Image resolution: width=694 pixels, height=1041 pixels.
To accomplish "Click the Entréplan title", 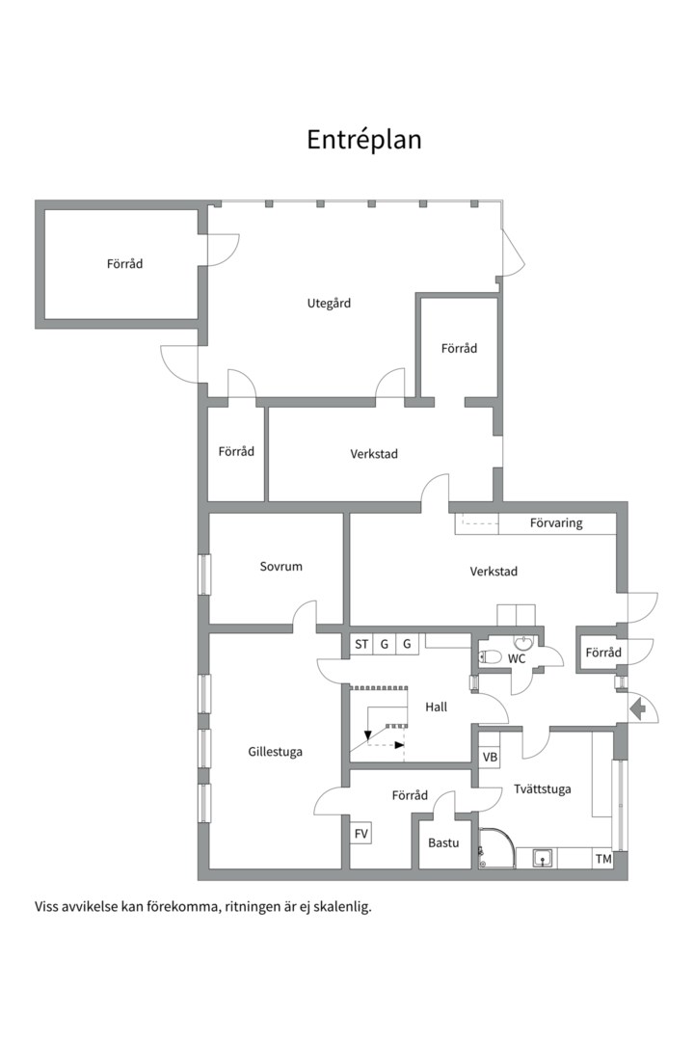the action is [x=364, y=140].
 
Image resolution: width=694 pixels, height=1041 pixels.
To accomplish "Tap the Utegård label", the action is [x=329, y=304].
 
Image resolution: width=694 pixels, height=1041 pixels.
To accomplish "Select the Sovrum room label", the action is [x=280, y=567].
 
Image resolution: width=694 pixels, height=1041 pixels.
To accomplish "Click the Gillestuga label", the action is [x=275, y=752].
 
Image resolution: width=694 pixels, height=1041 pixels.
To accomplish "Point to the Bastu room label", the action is [x=443, y=842].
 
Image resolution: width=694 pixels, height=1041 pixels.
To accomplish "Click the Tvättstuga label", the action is [x=543, y=788].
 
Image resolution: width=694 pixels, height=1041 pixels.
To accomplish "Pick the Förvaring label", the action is [x=556, y=523].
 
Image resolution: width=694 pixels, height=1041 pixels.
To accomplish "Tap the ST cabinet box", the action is [x=361, y=644].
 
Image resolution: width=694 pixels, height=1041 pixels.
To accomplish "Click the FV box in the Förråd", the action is [x=360, y=833].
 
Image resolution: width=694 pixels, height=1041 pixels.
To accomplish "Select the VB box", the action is [x=490, y=758].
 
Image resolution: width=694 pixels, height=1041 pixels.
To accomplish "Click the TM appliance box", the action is [x=603, y=859].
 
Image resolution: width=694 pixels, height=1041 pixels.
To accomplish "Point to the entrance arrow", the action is [x=637, y=709].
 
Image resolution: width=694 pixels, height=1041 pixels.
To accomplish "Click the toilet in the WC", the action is [x=490, y=656].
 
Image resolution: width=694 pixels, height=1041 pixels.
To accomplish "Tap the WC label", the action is [x=517, y=658].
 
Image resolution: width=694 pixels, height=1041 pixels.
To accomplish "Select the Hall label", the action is [x=437, y=707].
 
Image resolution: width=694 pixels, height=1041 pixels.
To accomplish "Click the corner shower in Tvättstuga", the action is [x=495, y=848].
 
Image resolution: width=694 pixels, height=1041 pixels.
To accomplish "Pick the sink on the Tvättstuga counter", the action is [x=544, y=859].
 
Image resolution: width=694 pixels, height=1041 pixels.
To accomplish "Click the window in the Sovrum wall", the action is [x=204, y=574].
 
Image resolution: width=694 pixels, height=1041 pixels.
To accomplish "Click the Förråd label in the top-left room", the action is [x=125, y=263].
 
